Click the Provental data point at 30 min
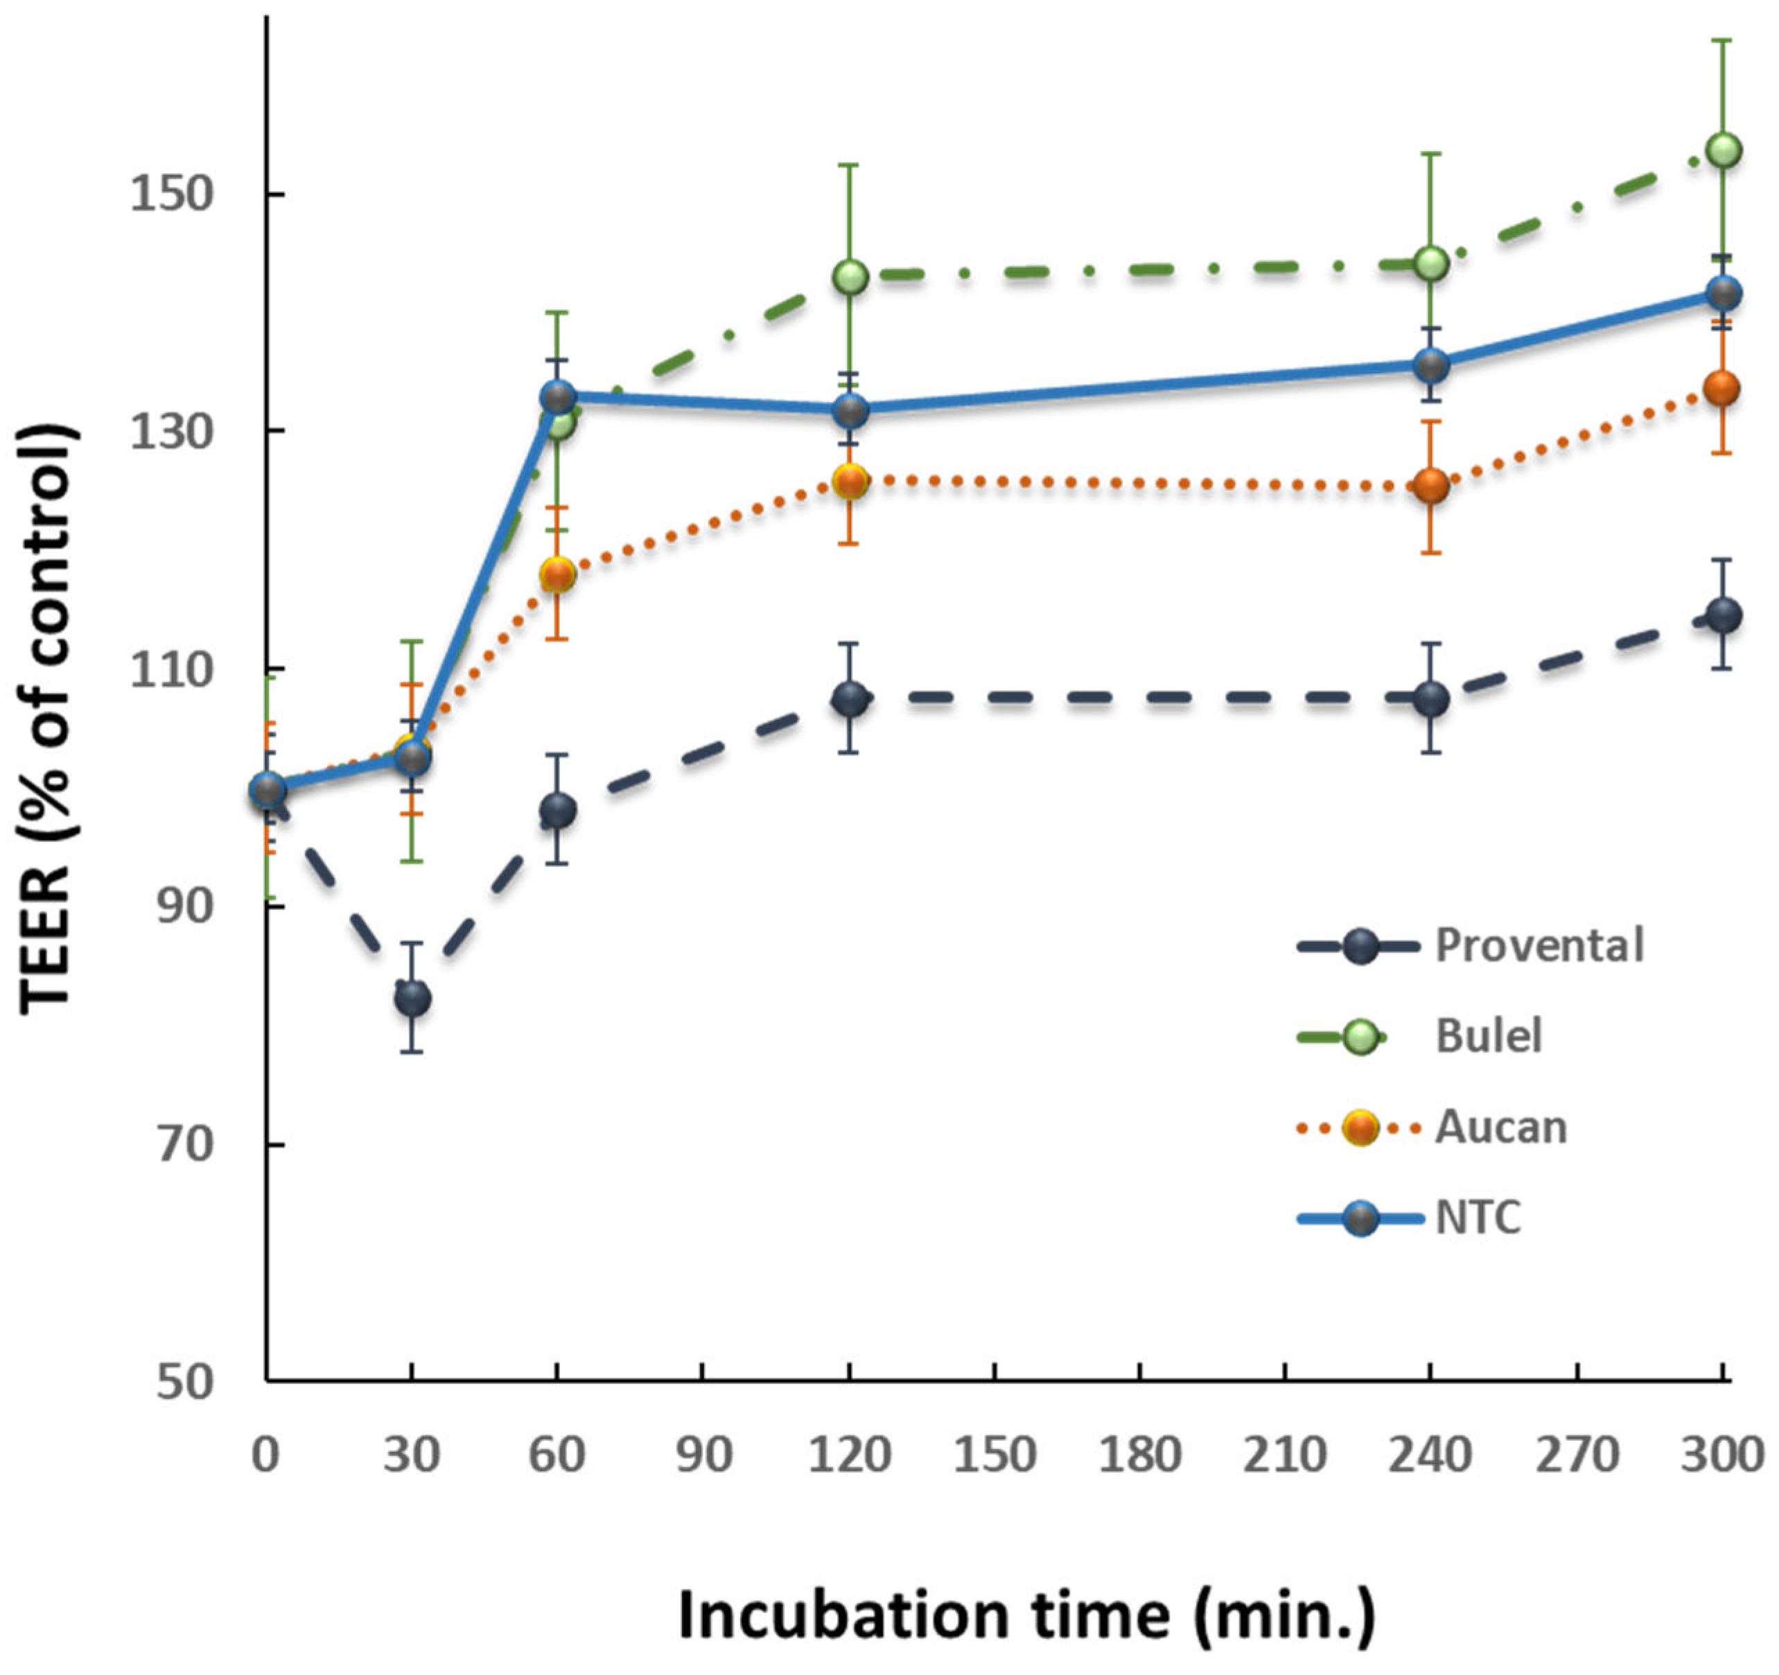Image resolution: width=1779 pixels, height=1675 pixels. click(412, 998)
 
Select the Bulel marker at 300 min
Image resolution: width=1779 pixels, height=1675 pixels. click(1723, 150)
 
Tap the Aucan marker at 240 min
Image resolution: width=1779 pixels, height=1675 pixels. click(1430, 486)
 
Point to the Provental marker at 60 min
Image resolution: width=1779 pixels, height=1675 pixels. click(557, 811)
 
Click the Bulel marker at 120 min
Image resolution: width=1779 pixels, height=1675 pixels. click(849, 277)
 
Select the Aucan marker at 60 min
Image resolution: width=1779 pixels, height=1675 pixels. click(557, 574)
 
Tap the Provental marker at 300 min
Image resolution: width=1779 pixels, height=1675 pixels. click(1723, 615)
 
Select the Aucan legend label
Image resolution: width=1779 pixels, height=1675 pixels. click(1500, 1127)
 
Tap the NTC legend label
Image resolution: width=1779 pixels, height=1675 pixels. click(1478, 1218)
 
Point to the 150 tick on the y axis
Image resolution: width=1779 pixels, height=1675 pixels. click(170, 194)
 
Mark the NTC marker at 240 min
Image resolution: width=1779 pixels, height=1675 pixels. click(1430, 365)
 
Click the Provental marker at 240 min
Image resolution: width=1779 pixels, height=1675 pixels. click(1430, 699)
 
